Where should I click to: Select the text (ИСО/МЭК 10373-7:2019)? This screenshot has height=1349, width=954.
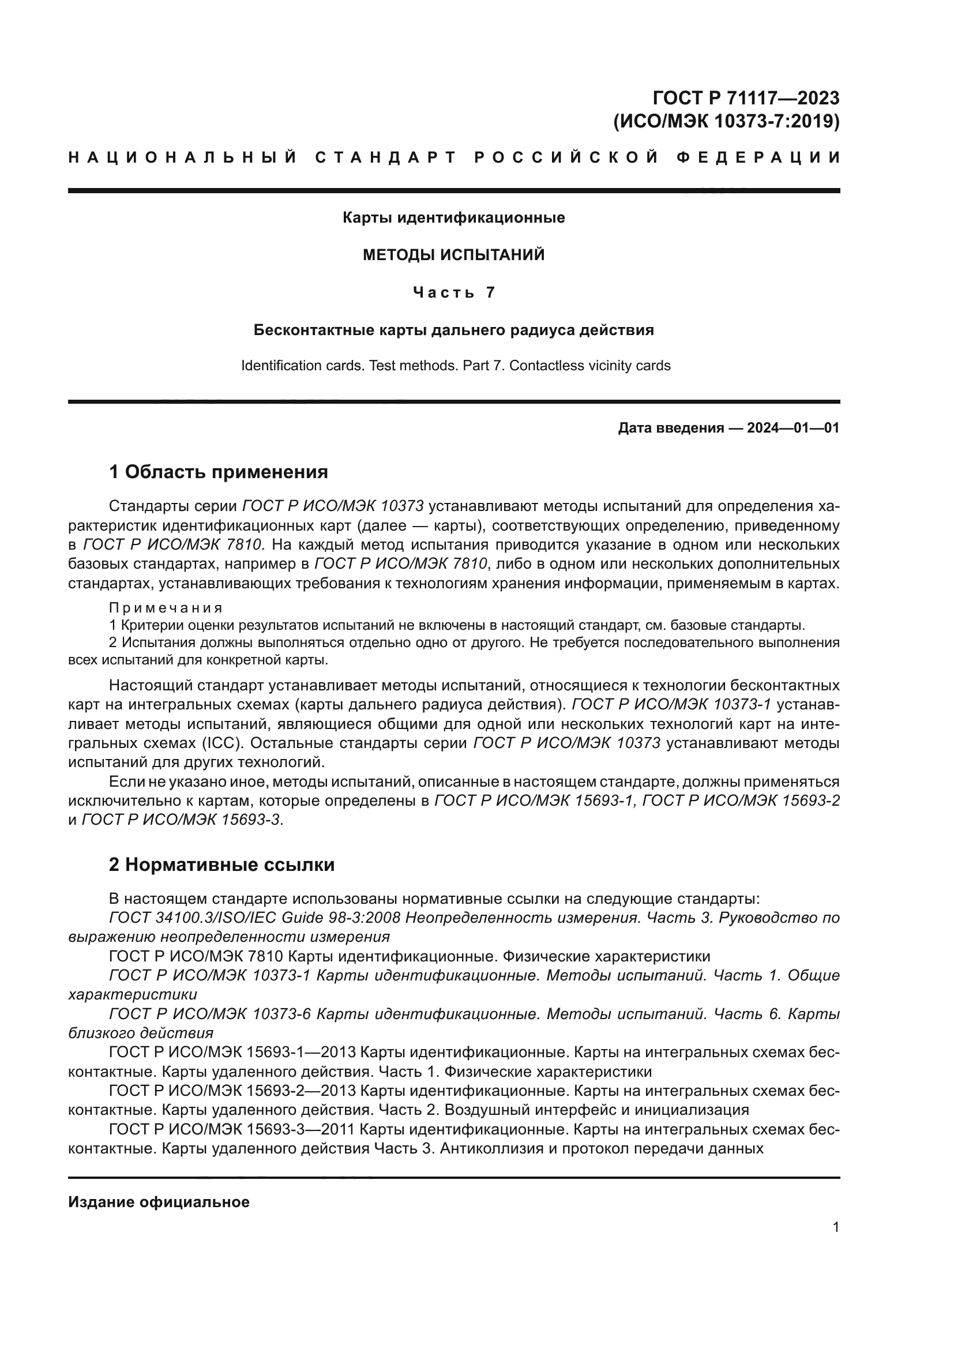(x=726, y=121)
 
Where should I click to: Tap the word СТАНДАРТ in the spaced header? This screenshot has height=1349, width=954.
(x=386, y=157)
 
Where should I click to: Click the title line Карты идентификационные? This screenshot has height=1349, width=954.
(x=453, y=217)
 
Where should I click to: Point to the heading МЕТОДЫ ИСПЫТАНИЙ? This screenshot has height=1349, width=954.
(x=453, y=255)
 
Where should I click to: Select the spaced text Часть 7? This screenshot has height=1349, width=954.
(x=453, y=292)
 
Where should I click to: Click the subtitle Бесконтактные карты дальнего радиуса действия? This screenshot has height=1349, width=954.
(x=453, y=330)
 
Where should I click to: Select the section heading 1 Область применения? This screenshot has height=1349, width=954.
(x=219, y=471)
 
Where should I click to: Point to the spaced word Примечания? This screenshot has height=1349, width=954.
(x=166, y=607)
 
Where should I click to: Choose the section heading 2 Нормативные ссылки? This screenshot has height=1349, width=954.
(x=222, y=865)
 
